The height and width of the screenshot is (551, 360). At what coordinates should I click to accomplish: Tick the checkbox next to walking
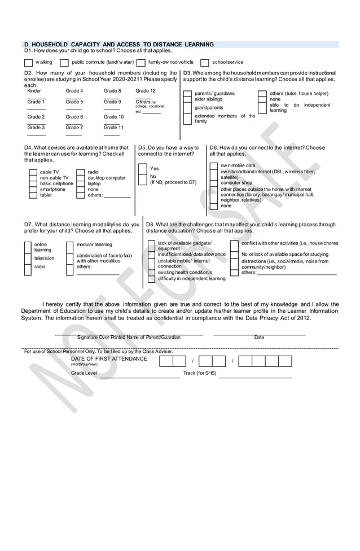click(x=28, y=63)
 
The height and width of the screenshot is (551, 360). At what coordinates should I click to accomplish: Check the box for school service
click(x=205, y=63)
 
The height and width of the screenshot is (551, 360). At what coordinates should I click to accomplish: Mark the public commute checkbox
click(x=64, y=63)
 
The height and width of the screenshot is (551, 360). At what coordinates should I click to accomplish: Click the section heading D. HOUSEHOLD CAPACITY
click(x=118, y=44)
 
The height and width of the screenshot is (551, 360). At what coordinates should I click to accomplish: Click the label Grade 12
click(x=146, y=91)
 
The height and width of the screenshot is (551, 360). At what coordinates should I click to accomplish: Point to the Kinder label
click(x=34, y=91)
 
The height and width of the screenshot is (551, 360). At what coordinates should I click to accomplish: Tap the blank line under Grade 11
click(x=112, y=135)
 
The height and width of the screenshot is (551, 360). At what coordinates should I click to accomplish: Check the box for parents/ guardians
click(x=187, y=94)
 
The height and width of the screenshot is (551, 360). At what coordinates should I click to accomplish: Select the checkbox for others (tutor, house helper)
click(x=262, y=94)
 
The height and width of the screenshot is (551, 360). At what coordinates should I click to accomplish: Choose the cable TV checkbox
click(x=33, y=172)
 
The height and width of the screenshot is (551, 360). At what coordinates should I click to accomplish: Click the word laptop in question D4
click(x=94, y=183)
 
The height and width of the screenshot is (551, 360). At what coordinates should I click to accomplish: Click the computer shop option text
click(x=236, y=183)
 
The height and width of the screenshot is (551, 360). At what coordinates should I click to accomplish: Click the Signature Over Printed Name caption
click(x=129, y=337)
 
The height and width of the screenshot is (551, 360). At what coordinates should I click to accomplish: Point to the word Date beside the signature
click(x=259, y=337)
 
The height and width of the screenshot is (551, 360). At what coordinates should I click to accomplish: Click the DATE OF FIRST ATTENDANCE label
click(x=109, y=358)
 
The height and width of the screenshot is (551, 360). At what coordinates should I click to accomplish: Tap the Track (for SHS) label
click(x=199, y=373)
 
